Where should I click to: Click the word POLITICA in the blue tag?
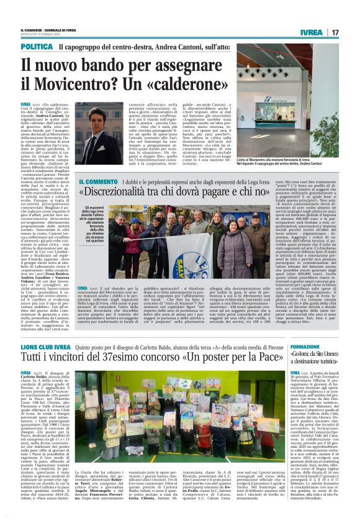pyautogui.click(x=37, y=47)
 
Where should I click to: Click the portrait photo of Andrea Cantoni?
pyautogui.click(x=99, y=133)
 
